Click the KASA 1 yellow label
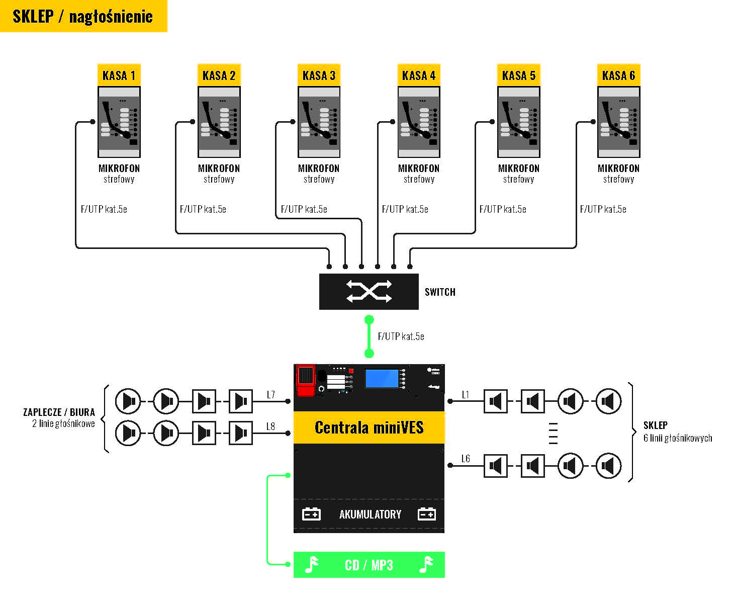tap(119, 75)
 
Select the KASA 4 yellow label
tap(418, 75)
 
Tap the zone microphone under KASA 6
tap(618, 122)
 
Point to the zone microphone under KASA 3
tap(319, 122)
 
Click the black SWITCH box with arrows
tap(369, 292)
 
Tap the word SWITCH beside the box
tap(440, 292)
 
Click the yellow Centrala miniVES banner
tap(369, 427)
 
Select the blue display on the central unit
tap(382, 379)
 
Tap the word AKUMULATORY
tap(370, 514)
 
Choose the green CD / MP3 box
tap(369, 565)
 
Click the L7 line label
tap(271, 395)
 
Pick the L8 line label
tap(270, 426)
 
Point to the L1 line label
tap(466, 395)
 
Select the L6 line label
tap(466, 459)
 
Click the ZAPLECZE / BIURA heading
tap(59, 412)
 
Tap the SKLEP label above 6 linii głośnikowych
tap(655, 425)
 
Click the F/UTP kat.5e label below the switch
tap(401, 336)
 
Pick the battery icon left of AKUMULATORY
tap(311, 514)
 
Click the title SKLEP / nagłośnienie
tap(82, 16)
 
